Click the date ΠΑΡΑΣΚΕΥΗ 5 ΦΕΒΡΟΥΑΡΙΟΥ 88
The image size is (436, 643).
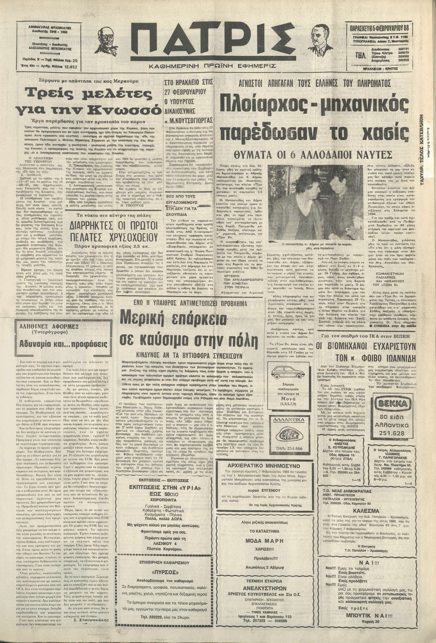coord(381,28)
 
